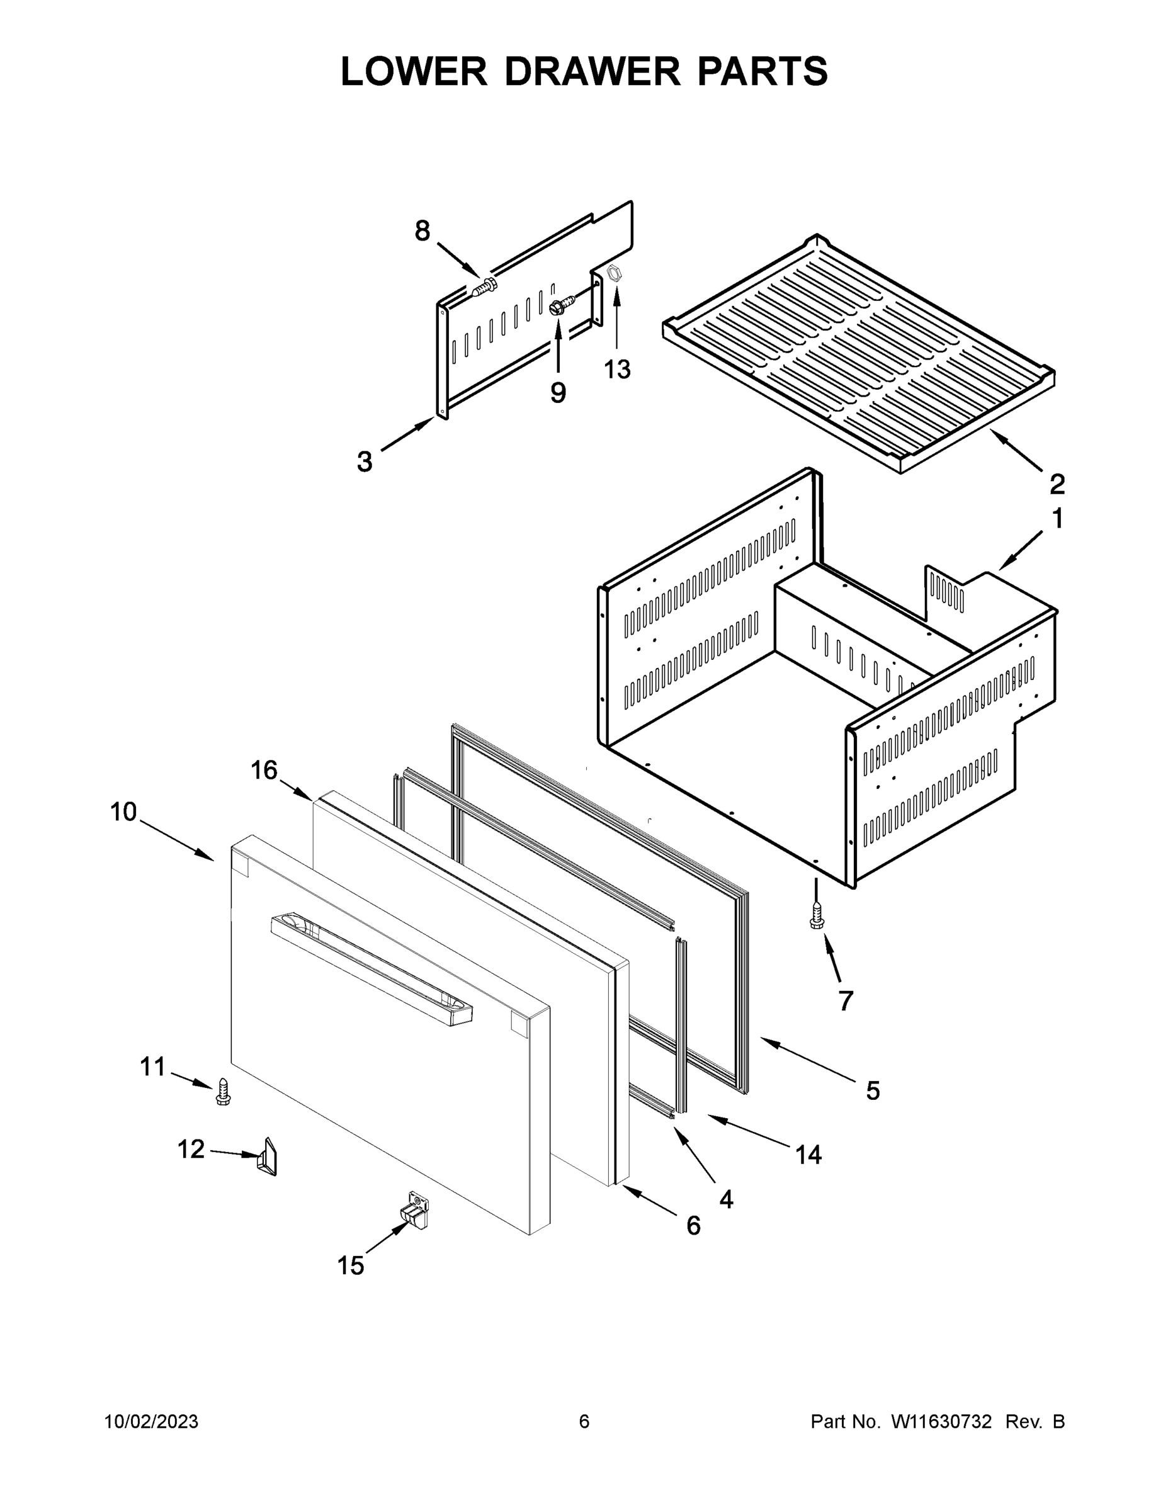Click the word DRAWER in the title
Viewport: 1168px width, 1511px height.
point(593,71)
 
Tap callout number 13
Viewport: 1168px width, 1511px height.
point(617,370)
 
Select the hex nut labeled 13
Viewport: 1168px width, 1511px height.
point(613,274)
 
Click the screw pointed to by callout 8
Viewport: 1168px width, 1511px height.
point(484,287)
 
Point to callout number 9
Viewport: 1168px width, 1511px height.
point(558,392)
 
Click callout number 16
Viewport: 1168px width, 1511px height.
point(264,770)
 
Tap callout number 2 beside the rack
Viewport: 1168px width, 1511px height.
point(1057,484)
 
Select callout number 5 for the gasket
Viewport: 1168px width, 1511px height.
point(873,1091)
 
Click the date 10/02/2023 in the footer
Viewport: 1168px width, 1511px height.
point(151,1422)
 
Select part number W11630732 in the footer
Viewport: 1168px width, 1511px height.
point(941,1422)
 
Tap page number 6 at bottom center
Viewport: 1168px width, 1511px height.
point(584,1422)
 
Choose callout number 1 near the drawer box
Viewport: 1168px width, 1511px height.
point(1057,518)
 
